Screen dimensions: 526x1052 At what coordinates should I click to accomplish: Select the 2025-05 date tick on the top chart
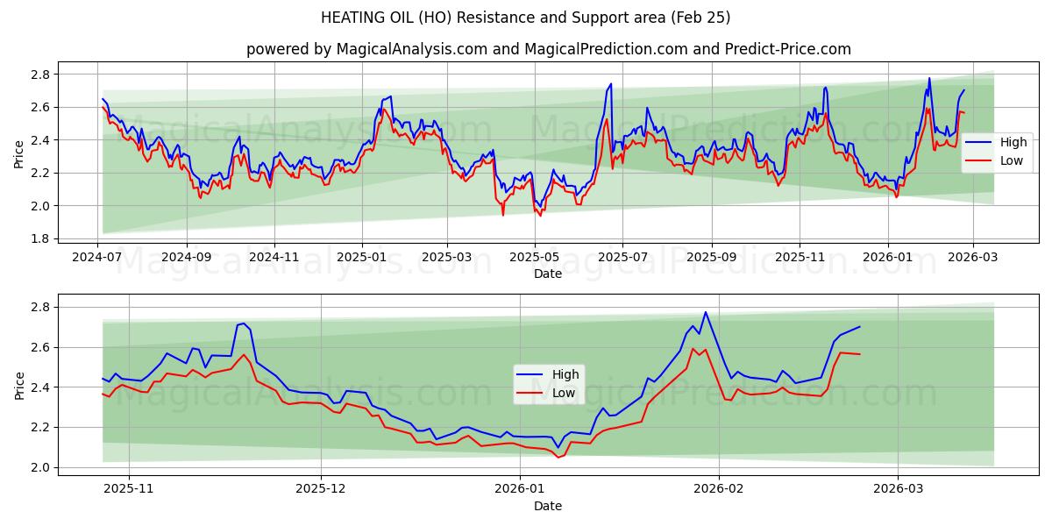tap(534, 259)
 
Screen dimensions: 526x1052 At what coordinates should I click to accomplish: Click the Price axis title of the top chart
tap(19, 154)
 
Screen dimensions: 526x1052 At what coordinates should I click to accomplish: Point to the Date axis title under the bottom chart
tap(548, 506)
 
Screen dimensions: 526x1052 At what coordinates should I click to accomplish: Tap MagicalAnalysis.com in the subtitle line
tap(412, 49)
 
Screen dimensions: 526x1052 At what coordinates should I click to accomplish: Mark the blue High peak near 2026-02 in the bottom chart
tap(706, 312)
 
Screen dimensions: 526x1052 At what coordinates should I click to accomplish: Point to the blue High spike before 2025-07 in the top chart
tap(611, 84)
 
